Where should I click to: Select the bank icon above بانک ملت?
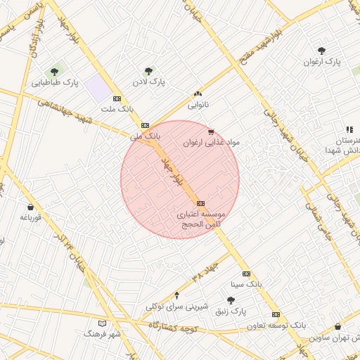pyautogui.click(x=117, y=98)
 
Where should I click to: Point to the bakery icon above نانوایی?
pyautogui.click(x=198, y=94)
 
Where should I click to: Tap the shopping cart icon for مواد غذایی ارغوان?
pyautogui.click(x=211, y=131)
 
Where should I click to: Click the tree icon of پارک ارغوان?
pyautogui.click(x=322, y=51)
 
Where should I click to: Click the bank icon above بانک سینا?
pyautogui.click(x=246, y=274)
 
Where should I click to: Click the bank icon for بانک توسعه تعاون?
pyautogui.click(x=276, y=315)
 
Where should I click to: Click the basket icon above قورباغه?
pyautogui.click(x=31, y=207)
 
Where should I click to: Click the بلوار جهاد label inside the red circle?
pyautogui.click(x=169, y=169)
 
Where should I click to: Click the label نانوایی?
pyautogui.click(x=198, y=105)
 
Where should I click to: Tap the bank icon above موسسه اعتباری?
pyautogui.click(x=201, y=202)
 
